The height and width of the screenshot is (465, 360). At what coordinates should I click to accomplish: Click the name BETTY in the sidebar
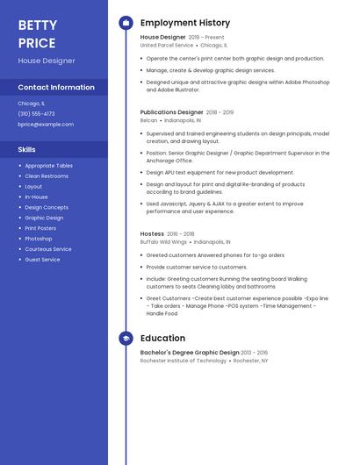(38, 25)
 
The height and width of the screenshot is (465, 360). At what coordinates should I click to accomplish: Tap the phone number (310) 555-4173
(36, 113)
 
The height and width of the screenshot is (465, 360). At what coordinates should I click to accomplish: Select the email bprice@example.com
(46, 125)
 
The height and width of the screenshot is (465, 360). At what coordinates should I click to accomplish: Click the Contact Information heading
(56, 87)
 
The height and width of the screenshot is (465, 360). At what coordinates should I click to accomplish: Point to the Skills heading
(27, 150)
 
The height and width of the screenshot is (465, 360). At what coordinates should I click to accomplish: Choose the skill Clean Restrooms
(47, 176)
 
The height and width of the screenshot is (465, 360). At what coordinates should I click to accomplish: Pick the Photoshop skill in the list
(39, 239)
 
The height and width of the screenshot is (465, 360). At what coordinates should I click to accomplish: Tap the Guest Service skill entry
(42, 260)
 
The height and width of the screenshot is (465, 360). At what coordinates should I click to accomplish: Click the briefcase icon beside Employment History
(126, 23)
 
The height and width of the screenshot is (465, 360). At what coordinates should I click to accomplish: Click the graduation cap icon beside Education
(126, 338)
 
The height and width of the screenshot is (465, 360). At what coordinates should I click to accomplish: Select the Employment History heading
(185, 23)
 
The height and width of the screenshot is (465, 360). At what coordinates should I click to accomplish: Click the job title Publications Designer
(172, 112)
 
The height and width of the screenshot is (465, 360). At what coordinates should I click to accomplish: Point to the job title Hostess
(152, 233)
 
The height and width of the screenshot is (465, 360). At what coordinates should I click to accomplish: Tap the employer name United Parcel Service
(167, 46)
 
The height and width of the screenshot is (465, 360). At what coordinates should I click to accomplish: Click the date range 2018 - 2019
(220, 112)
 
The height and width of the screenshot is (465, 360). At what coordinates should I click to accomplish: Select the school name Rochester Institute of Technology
(184, 361)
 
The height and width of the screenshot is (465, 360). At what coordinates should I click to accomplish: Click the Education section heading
(162, 338)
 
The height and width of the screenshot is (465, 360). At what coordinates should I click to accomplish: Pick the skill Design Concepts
(47, 207)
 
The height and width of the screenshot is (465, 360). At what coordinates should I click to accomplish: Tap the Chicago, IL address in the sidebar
(32, 103)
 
